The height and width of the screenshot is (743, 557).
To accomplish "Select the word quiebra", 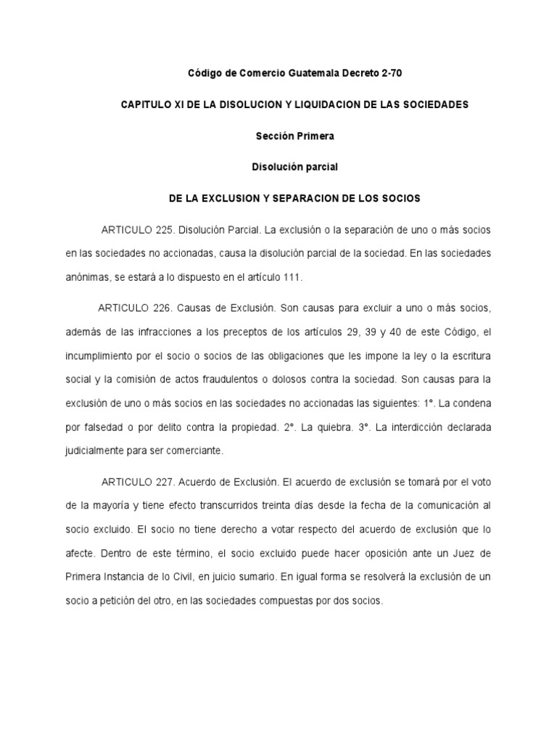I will [302, 427].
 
